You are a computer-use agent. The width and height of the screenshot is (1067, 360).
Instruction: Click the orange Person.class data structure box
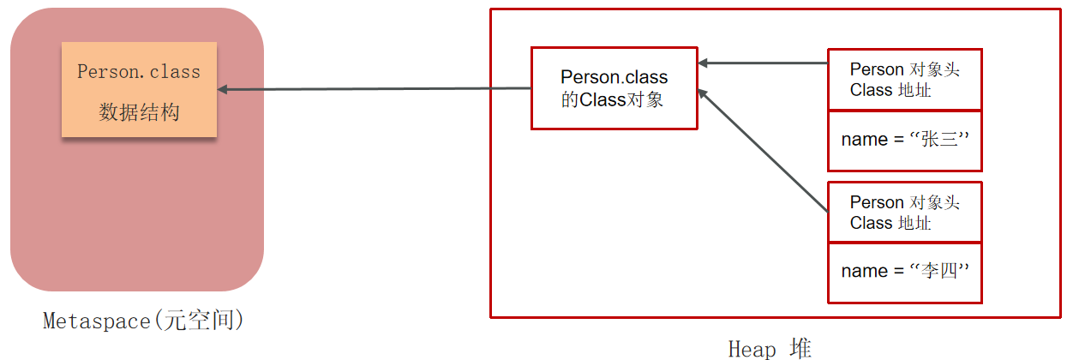point(139,89)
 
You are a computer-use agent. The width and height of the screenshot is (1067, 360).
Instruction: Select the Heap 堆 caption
point(769,348)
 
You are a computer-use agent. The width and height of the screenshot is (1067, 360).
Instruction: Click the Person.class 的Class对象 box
point(614,88)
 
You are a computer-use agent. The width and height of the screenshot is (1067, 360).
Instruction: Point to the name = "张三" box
point(904,141)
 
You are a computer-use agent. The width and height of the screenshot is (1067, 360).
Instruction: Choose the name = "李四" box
point(904,272)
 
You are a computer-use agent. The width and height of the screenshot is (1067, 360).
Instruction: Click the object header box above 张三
point(904,80)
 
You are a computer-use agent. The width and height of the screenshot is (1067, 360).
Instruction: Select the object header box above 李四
point(904,213)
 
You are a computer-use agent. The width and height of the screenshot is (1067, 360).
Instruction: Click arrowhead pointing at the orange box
point(223,89)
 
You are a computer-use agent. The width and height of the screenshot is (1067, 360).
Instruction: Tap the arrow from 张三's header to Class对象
point(763,63)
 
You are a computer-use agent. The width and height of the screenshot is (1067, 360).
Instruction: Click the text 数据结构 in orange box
point(139,111)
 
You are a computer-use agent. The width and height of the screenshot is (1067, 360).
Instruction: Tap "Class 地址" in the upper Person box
point(890,90)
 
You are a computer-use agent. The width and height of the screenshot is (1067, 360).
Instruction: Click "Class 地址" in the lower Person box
point(890,223)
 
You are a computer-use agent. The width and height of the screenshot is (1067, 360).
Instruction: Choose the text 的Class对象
point(612,99)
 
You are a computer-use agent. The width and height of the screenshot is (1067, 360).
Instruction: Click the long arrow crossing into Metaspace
point(377,88)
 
